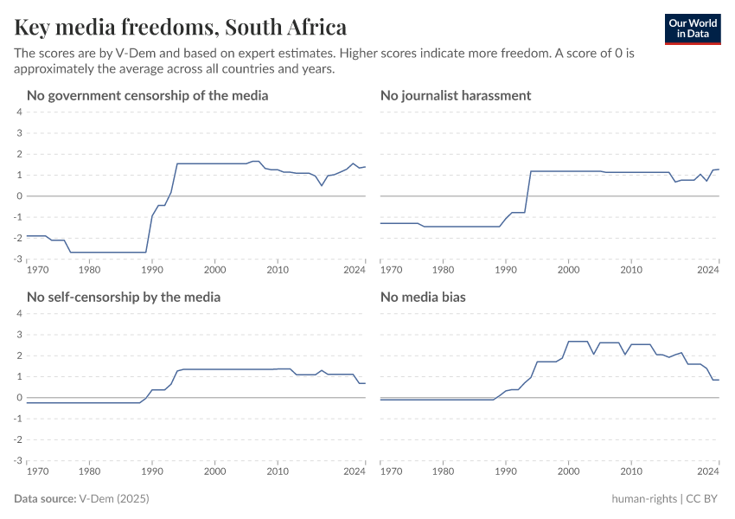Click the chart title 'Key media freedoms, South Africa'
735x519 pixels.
181,28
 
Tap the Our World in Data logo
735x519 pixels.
692,29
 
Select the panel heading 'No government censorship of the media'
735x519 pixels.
147,95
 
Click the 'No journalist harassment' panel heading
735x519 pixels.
456,95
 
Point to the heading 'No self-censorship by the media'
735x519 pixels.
124,297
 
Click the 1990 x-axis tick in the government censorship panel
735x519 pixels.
151,270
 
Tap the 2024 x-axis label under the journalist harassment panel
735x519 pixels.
708,270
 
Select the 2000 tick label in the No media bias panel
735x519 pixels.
568,471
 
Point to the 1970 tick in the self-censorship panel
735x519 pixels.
37,471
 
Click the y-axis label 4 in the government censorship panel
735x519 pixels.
19,112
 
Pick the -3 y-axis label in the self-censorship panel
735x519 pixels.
17,460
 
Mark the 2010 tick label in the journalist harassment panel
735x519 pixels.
631,270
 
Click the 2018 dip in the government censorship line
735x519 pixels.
322,185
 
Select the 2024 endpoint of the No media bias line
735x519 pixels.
719,380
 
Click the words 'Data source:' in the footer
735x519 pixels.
45,499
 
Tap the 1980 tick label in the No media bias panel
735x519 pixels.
443,471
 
